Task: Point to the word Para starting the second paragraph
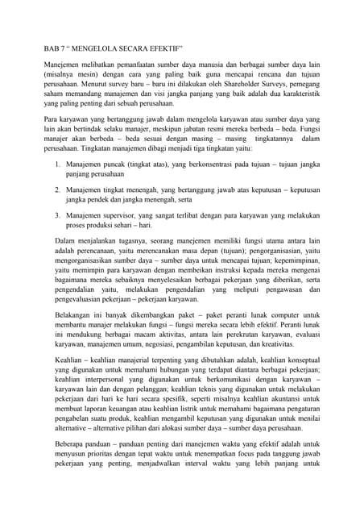click(51, 118)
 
